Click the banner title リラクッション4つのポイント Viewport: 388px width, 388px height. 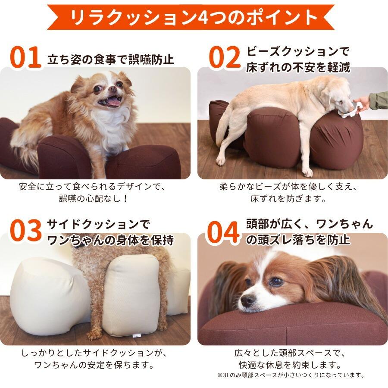pos(194,17)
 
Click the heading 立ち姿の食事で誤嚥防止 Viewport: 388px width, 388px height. pos(110,59)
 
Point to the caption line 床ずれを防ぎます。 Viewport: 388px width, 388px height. pos(288,199)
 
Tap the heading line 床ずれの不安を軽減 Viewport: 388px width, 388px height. pos(297,68)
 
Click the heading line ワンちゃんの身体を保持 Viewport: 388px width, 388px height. pos(110,240)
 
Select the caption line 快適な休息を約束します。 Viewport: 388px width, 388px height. pos(288,364)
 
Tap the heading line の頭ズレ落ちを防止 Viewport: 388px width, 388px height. pos(297,240)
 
